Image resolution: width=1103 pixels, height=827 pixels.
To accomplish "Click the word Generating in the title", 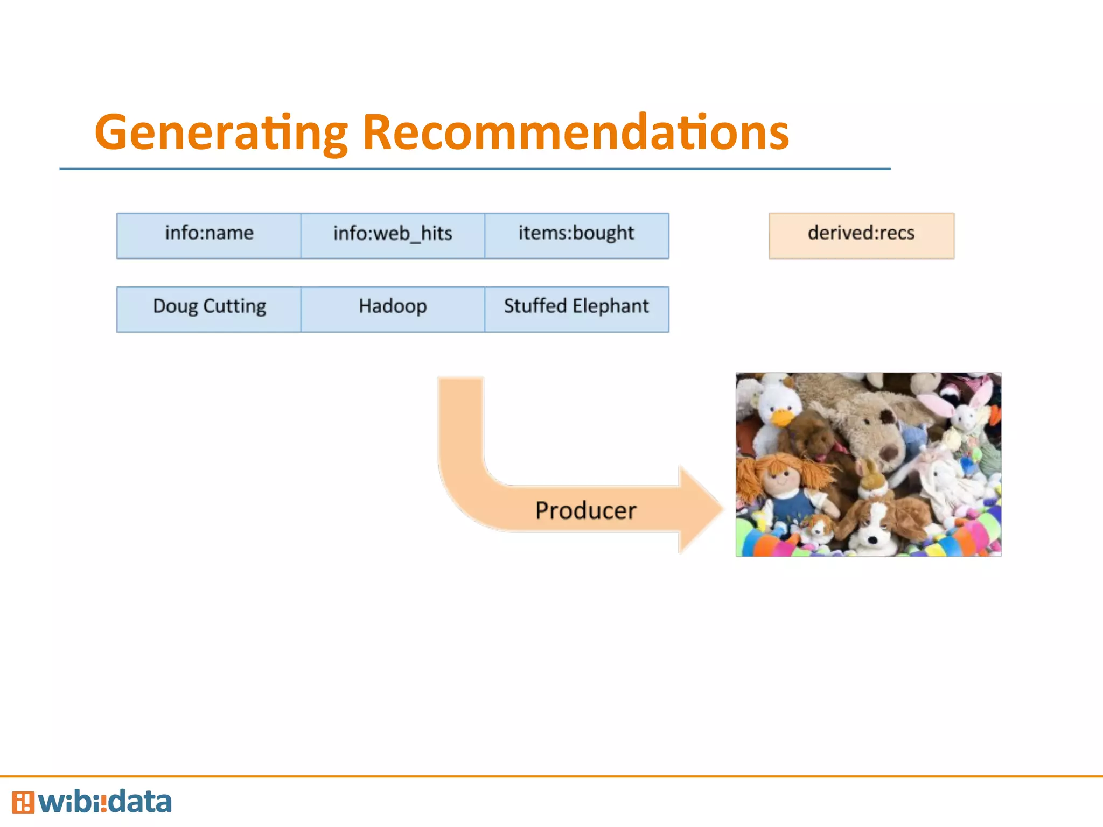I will (221, 132).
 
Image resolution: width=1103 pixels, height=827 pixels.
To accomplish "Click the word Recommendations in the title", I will (575, 132).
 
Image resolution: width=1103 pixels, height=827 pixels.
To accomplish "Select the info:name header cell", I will (209, 235).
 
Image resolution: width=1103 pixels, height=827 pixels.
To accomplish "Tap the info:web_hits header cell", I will (393, 235).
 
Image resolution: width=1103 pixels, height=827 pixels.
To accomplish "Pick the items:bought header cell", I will (576, 235).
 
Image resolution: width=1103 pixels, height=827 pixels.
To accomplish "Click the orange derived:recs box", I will (861, 235).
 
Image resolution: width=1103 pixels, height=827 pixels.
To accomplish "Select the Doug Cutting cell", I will (209, 309).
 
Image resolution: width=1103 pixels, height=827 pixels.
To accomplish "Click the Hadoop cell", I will (393, 309).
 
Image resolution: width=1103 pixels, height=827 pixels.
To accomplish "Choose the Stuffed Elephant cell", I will (576, 309).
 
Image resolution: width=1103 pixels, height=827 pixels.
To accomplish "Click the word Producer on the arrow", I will (585, 510).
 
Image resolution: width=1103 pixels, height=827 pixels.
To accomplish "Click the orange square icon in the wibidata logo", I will (23, 802).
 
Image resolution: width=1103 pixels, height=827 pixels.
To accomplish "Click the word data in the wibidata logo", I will (139, 802).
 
